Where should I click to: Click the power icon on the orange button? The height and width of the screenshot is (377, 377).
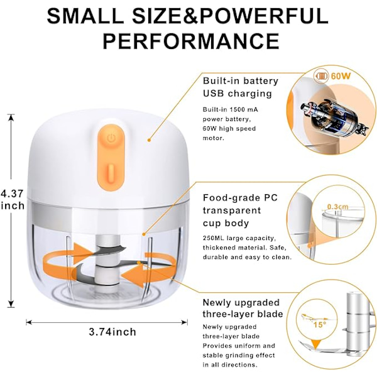pyautogui.click(x=111, y=138)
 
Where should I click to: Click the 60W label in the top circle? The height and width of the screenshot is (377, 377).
pyautogui.click(x=341, y=76)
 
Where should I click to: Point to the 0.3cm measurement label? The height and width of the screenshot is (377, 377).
pyautogui.click(x=337, y=207)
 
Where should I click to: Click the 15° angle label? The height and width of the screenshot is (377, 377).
pyautogui.click(x=320, y=325)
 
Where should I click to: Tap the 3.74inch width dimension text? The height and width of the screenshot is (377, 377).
pyautogui.click(x=112, y=332)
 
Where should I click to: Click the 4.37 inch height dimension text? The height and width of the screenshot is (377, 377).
pyautogui.click(x=13, y=199)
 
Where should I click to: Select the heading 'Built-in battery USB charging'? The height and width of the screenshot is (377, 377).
pyautogui.click(x=241, y=87)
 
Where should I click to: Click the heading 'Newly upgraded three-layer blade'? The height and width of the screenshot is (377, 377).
pyautogui.click(x=243, y=308)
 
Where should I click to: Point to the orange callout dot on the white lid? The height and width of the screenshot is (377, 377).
pyautogui.click(x=149, y=139)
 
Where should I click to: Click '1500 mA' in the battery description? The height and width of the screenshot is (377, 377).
pyautogui.click(x=243, y=109)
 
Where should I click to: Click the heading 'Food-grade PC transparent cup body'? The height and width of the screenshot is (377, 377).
pyautogui.click(x=241, y=210)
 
